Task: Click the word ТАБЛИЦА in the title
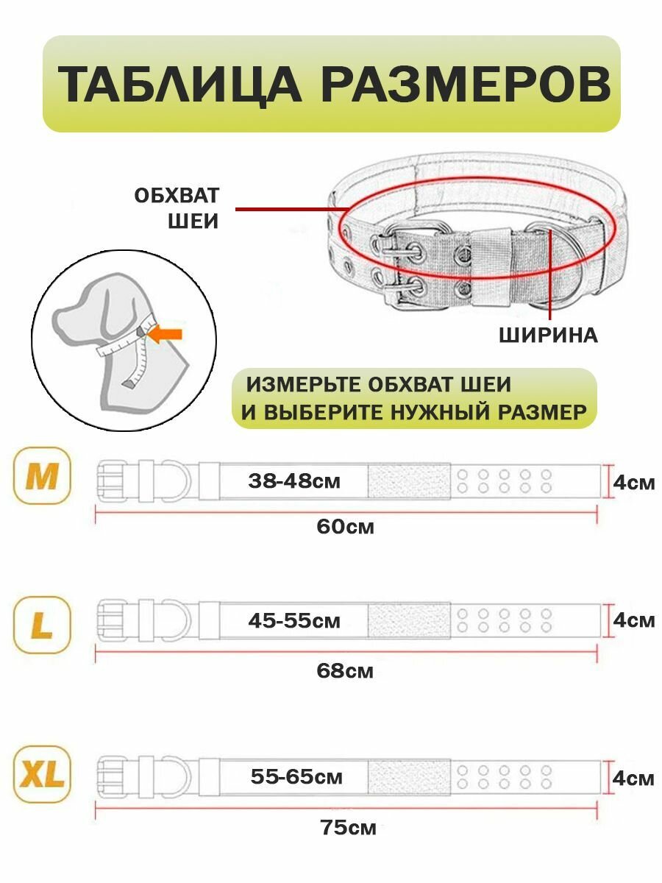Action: click(179, 85)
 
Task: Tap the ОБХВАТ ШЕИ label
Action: click(177, 208)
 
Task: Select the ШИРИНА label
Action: click(549, 335)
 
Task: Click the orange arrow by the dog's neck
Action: click(166, 334)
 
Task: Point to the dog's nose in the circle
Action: click(57, 321)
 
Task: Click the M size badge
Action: click(42, 476)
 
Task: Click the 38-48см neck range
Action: click(294, 481)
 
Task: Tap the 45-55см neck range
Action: click(294, 620)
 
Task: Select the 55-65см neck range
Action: click(296, 776)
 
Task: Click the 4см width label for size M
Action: click(633, 483)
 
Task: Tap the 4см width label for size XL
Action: click(633, 779)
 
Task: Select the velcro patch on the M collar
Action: click(408, 481)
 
